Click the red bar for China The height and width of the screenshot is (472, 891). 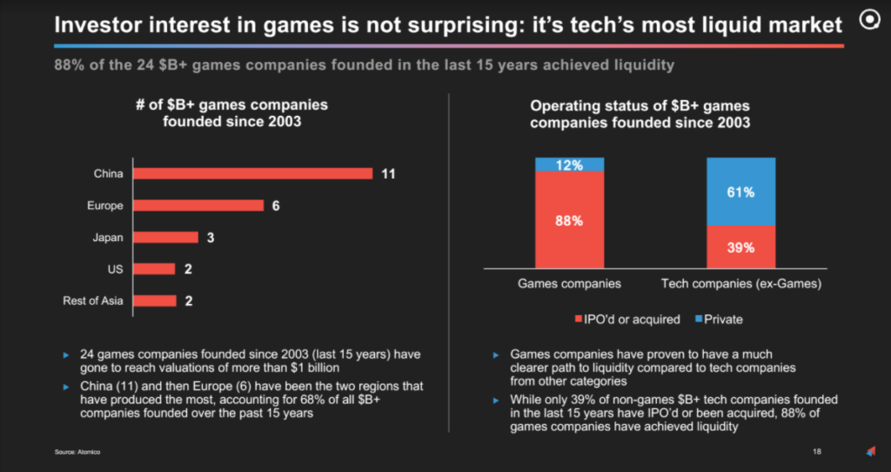point(253,173)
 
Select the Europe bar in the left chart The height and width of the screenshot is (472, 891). point(198,206)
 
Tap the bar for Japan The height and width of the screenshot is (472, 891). point(165,238)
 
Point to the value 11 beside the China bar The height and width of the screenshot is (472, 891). point(388,173)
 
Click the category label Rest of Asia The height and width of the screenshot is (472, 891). point(93,301)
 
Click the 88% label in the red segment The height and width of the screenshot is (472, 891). point(569,220)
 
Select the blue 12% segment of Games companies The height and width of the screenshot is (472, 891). point(569,165)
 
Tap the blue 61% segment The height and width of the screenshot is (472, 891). point(740,192)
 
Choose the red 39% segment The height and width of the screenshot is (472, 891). point(740,247)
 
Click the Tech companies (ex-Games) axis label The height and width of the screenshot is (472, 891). point(741,284)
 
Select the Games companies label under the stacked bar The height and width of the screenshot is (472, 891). point(569,284)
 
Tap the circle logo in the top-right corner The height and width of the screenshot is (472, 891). point(868,22)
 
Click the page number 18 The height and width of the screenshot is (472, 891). point(817,451)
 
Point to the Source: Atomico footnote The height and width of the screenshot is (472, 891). point(75,452)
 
